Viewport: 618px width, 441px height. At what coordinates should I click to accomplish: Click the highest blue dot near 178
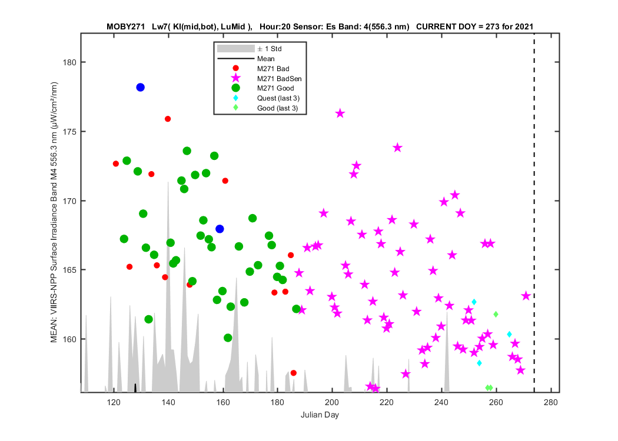140,88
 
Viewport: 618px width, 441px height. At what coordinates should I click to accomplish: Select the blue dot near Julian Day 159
220,229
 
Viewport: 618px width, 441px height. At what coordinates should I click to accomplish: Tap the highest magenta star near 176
340,114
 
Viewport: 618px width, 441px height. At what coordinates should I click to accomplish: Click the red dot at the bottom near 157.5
293,373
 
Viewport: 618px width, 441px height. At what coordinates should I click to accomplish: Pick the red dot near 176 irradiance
168,119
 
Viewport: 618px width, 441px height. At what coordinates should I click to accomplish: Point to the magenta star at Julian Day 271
526,296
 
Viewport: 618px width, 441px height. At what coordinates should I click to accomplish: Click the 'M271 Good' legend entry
275,88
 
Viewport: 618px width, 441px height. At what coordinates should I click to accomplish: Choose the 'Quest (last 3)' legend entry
278,98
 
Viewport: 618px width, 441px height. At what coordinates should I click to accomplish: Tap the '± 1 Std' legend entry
269,49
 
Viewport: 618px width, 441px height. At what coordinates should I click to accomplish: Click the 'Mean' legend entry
265,59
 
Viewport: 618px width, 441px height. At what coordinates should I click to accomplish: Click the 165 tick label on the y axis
69,270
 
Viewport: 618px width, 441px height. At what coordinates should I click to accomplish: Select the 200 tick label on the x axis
332,402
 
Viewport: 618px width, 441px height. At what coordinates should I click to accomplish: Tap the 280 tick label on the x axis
550,402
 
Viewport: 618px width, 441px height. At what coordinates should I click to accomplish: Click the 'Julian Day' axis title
320,415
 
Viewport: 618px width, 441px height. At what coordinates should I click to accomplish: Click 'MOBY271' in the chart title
126,27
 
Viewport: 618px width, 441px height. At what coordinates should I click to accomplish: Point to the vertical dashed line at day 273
534,213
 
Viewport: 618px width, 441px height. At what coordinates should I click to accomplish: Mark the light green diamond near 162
496,314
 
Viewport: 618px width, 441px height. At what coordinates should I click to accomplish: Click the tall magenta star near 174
397,148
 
